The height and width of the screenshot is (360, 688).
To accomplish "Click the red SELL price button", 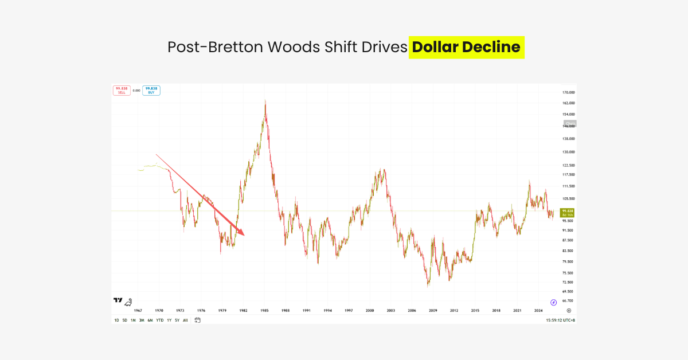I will point(121,90).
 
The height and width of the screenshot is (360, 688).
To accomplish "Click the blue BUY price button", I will point(151,90).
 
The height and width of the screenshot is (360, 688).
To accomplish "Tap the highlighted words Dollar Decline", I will point(466,47).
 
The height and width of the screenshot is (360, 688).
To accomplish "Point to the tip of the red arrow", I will point(244,235).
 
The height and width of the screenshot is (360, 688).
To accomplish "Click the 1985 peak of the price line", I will point(265,101).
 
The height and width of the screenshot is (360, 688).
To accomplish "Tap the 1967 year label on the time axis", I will point(138,310).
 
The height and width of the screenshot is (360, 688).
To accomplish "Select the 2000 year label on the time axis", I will point(370,310).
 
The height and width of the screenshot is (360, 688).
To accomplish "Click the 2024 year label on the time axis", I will point(538,310).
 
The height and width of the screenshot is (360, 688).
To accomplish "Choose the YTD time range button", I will point(159,320).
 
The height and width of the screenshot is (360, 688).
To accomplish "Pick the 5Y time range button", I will point(177,320).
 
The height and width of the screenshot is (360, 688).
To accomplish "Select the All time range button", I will point(185,320).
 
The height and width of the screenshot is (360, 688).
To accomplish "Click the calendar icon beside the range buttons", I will point(197,320).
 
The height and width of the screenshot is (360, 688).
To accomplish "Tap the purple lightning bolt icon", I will point(554,302).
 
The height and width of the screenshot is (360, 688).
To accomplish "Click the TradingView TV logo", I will point(118,300).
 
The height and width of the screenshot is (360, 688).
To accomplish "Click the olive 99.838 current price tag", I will point(568,212).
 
